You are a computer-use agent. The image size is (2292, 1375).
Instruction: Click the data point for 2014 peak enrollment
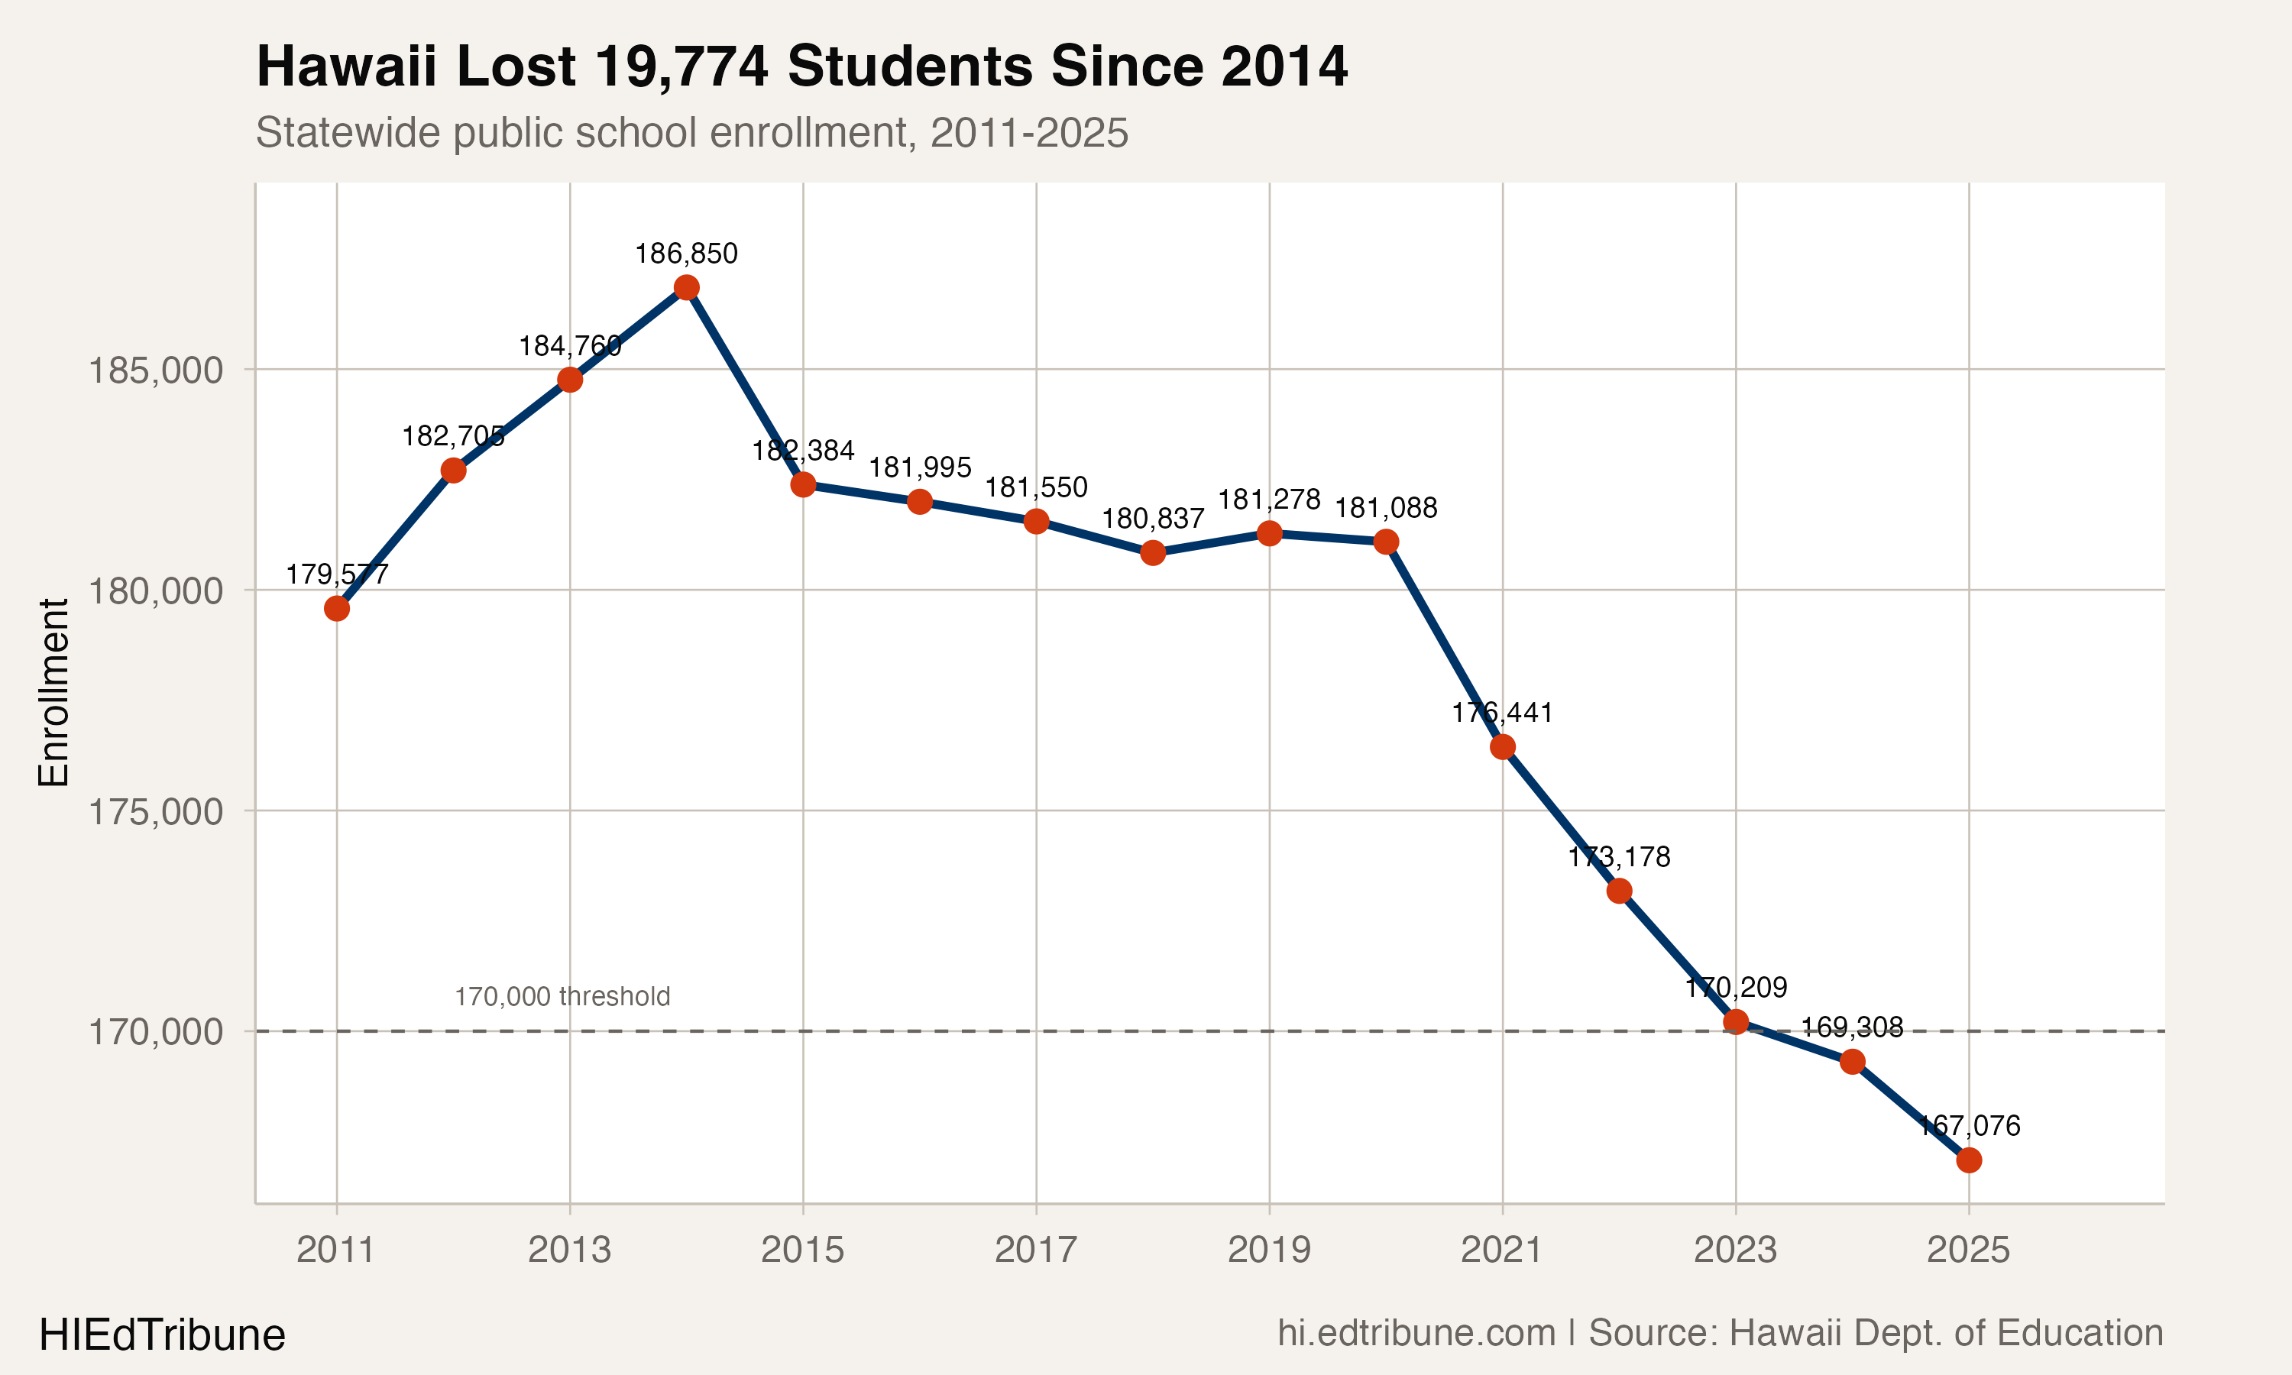tap(687, 288)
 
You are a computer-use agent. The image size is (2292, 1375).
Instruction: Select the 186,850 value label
tap(687, 254)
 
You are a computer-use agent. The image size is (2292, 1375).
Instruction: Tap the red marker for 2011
tap(337, 609)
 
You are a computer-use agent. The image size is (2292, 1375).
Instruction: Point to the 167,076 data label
tap(1969, 1126)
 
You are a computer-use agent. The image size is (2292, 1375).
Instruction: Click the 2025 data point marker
tap(1969, 1160)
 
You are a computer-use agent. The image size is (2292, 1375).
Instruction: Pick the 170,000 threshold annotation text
tap(562, 997)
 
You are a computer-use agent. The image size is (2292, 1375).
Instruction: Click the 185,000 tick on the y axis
tap(156, 370)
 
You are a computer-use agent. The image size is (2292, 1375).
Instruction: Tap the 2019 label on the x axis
tap(1269, 1250)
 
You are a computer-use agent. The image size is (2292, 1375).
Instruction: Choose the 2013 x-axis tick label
tap(570, 1250)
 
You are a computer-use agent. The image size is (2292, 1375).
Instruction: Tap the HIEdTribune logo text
tap(162, 1335)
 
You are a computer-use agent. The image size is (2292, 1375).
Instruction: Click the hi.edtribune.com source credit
tap(1416, 1333)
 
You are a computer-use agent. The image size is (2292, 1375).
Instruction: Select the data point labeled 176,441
tap(1503, 747)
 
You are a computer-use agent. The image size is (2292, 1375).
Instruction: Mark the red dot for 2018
tap(1152, 553)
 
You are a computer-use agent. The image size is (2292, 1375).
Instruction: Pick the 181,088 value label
tap(1386, 508)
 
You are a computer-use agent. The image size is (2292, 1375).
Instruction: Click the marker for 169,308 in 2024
tap(1852, 1062)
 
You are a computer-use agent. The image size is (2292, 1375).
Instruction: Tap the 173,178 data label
tap(1620, 857)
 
